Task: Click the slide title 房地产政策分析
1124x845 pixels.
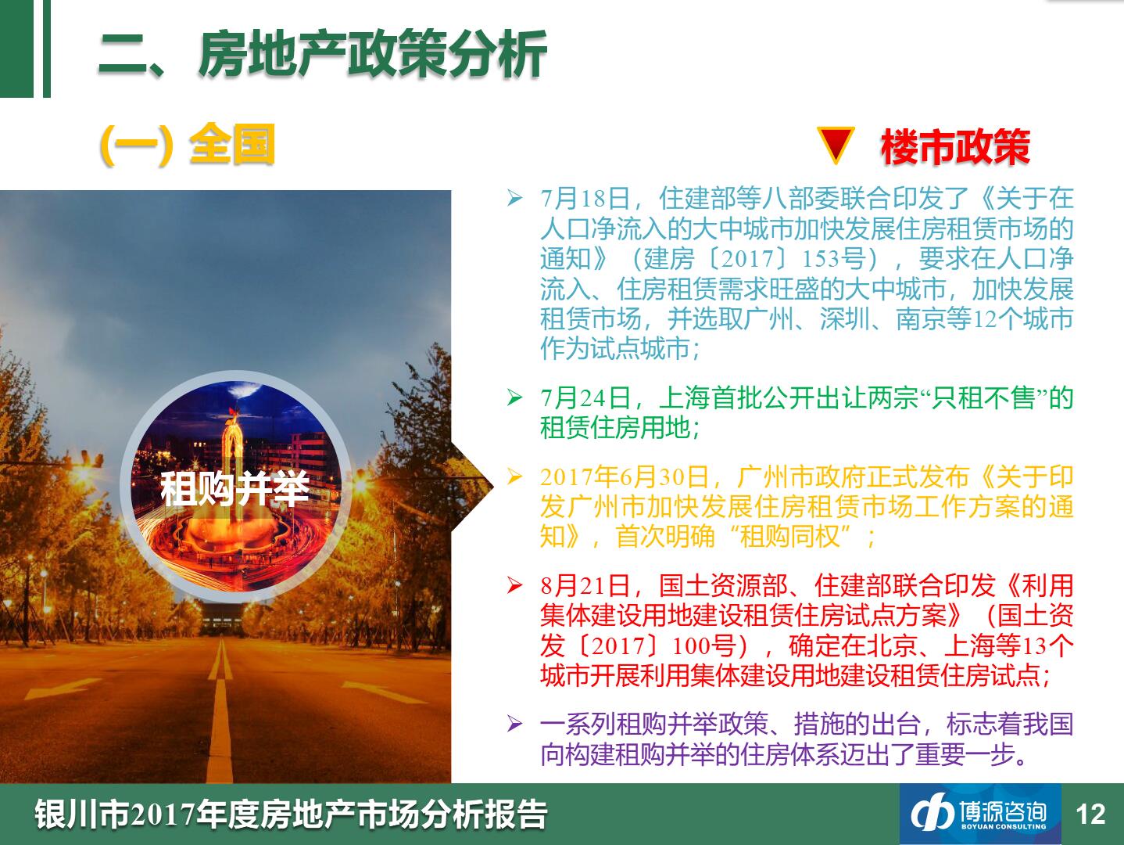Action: (x=373, y=54)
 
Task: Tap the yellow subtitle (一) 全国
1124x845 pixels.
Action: (x=188, y=145)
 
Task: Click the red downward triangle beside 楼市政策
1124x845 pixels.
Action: (x=836, y=145)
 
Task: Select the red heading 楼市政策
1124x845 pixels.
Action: (x=955, y=147)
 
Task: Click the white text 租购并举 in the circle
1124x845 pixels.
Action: (x=235, y=488)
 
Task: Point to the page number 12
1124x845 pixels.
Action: (x=1090, y=814)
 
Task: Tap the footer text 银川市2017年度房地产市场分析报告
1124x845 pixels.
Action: (x=291, y=814)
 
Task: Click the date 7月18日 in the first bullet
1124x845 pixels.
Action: (x=585, y=198)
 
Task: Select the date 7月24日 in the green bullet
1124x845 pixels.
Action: (x=585, y=397)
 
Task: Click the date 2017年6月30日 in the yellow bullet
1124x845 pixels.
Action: (x=625, y=477)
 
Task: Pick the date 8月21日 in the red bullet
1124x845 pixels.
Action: (x=585, y=586)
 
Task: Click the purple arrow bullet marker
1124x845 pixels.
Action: (x=514, y=724)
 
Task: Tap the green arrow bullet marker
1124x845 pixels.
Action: (x=514, y=397)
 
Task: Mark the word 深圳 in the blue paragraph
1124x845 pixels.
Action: (x=845, y=318)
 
